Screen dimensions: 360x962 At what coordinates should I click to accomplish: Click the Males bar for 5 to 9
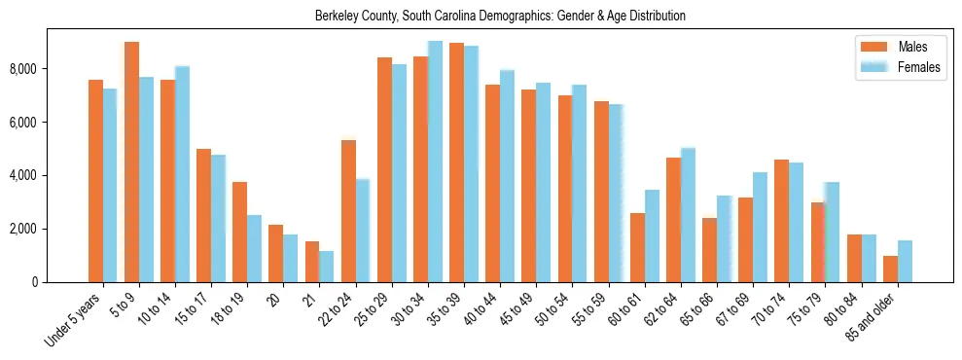click(131, 162)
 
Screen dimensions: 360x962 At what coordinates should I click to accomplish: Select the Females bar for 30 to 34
click(435, 162)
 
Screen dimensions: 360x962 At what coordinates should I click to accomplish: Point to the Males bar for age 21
click(312, 262)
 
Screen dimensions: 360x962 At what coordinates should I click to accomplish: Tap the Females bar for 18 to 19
click(254, 248)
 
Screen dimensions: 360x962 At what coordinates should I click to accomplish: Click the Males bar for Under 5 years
click(95, 181)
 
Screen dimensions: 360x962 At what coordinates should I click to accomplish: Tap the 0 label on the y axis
click(35, 282)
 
